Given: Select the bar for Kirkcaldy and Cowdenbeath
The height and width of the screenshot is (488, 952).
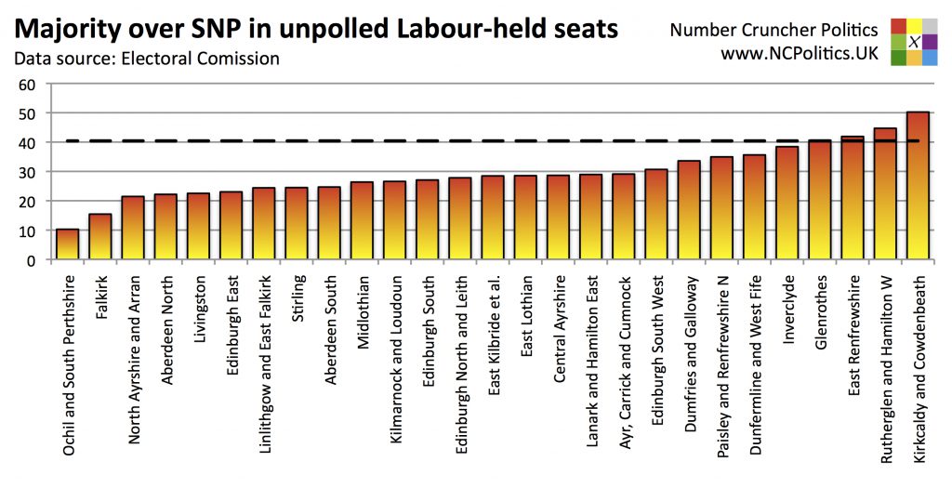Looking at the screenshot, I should point(918,186).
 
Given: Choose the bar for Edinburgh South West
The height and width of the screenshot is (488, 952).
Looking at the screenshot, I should point(656,215).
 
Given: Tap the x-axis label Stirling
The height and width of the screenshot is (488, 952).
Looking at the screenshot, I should point(297,297).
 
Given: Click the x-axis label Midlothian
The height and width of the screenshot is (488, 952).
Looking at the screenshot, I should point(364,311).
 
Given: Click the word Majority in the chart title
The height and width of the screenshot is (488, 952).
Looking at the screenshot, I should point(69,28).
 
